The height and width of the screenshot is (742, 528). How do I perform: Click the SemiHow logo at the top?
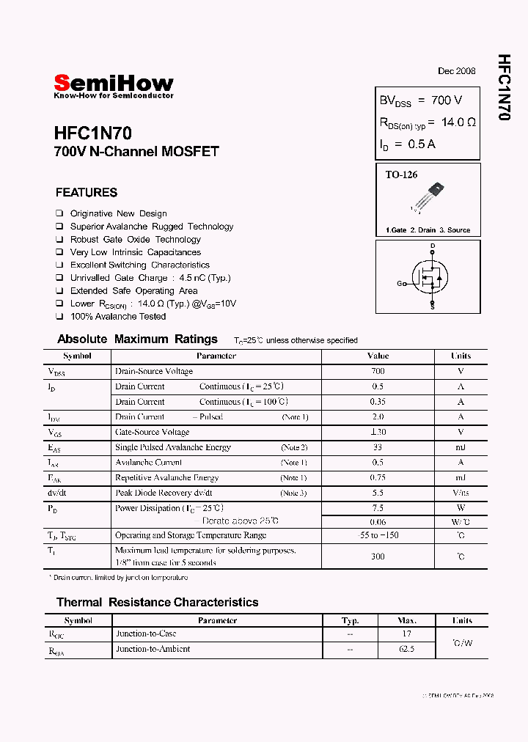(114, 83)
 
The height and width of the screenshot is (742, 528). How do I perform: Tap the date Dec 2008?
(456, 71)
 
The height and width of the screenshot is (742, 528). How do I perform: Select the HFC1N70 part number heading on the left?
(92, 133)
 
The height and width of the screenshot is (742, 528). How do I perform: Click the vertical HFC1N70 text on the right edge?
(504, 87)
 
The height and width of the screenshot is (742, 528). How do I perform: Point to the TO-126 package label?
(401, 175)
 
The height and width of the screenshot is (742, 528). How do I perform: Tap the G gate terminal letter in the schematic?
(400, 283)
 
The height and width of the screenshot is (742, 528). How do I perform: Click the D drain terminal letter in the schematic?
(433, 246)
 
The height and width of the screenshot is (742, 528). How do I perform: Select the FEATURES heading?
(86, 193)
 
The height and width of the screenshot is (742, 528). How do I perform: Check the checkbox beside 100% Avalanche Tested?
(59, 317)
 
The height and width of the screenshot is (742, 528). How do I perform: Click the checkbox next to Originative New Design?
(59, 214)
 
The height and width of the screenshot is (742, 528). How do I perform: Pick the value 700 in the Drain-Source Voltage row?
(378, 371)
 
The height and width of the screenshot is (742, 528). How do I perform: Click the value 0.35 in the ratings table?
(378, 402)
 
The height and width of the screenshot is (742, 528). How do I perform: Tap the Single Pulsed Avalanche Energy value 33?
(378, 447)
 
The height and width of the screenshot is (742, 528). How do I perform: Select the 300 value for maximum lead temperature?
(378, 556)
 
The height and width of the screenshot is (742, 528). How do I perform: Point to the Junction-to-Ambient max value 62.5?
(407, 649)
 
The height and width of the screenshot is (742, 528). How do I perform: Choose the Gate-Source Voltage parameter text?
(152, 432)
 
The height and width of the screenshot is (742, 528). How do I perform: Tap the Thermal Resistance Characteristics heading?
(157, 602)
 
